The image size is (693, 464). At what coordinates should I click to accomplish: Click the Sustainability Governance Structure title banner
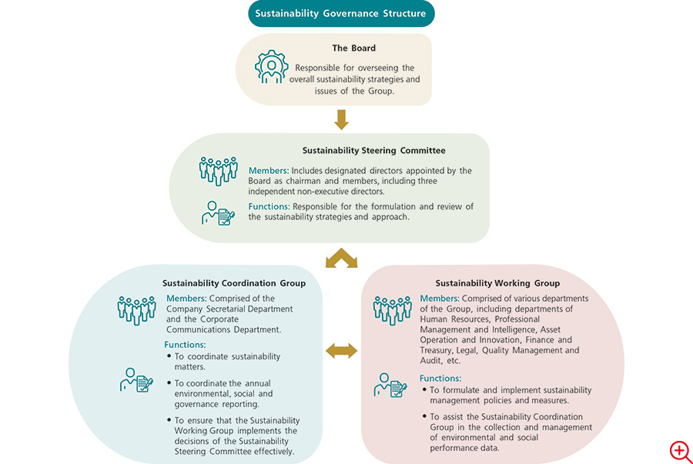pyautogui.click(x=341, y=14)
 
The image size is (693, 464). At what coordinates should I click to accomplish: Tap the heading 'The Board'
pyautogui.click(x=354, y=48)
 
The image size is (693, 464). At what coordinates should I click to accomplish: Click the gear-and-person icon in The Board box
pyautogui.click(x=271, y=67)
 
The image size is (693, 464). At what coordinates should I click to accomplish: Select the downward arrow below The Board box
pyautogui.click(x=341, y=119)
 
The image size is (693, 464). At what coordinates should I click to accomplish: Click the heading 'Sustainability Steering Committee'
pyautogui.click(x=374, y=151)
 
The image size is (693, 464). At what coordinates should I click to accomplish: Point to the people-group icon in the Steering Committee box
pyautogui.click(x=219, y=171)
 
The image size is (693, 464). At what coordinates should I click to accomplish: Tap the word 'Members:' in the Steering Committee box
pyautogui.click(x=269, y=171)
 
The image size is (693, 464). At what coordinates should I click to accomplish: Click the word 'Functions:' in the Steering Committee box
pyautogui.click(x=269, y=207)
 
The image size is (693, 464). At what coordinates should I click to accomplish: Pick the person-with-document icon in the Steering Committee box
pyautogui.click(x=218, y=213)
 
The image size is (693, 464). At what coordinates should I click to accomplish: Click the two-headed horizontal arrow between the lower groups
pyautogui.click(x=341, y=351)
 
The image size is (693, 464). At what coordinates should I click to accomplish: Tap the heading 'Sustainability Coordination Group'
pyautogui.click(x=234, y=283)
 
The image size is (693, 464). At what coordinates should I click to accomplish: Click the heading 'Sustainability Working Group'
pyautogui.click(x=497, y=283)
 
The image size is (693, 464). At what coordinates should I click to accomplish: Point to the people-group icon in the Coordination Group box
pyautogui.click(x=136, y=310)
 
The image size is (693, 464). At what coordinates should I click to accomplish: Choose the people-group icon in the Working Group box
pyautogui.click(x=393, y=310)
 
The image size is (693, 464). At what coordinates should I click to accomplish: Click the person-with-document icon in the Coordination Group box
pyautogui.click(x=136, y=380)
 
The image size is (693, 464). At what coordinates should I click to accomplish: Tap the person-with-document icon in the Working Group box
pyautogui.click(x=390, y=386)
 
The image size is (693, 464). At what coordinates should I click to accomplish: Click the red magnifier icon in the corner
pyautogui.click(x=680, y=451)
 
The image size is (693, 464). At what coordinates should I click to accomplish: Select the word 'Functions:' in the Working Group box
pyautogui.click(x=440, y=379)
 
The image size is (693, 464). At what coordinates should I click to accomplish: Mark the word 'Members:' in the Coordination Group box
pyautogui.click(x=186, y=299)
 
